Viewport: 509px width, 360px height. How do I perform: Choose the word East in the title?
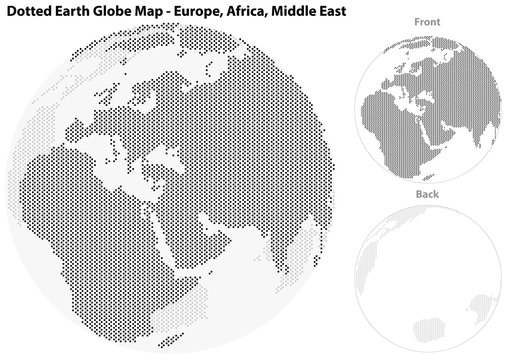tap(359, 10)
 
